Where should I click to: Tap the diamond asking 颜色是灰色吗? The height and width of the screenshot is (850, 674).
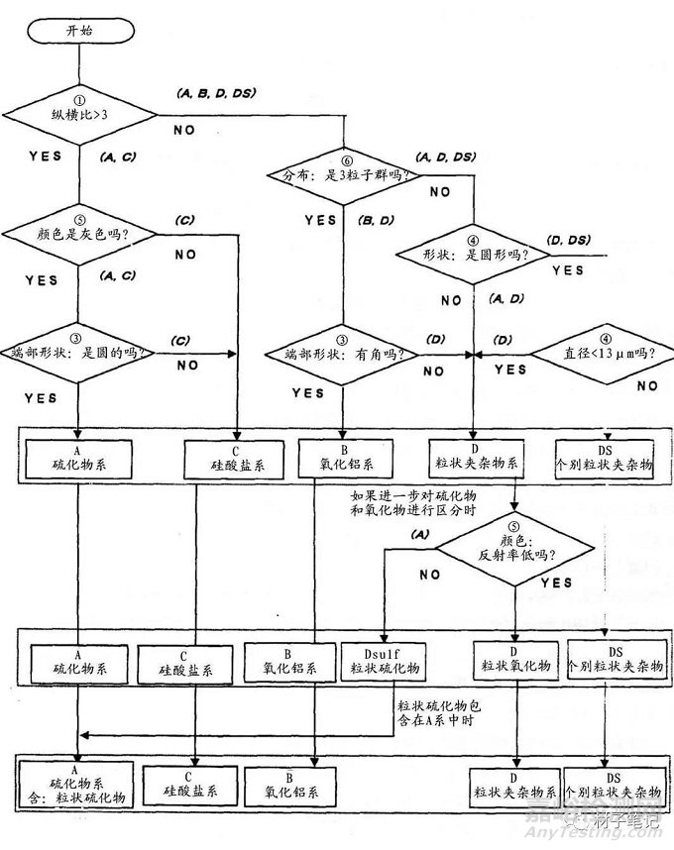click(76, 234)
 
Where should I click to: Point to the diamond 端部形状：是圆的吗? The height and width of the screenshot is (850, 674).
click(76, 352)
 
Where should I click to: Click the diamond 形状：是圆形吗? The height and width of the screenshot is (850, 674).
click(474, 254)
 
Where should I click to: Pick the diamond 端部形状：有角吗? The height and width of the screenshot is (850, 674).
click(343, 353)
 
